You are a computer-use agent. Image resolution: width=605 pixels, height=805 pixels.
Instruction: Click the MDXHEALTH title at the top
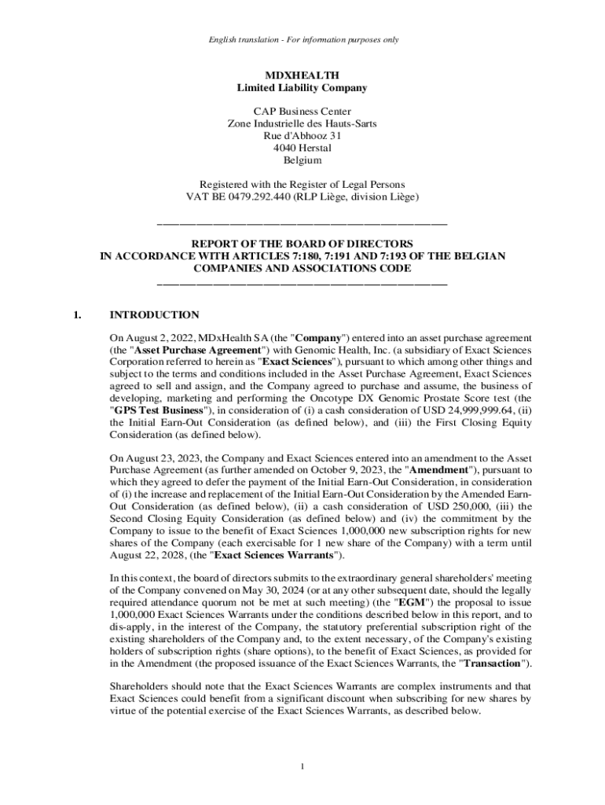(x=302, y=75)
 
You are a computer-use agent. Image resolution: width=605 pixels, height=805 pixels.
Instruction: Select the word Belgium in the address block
(x=302, y=160)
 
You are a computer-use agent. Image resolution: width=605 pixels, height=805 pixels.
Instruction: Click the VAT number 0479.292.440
(x=252, y=197)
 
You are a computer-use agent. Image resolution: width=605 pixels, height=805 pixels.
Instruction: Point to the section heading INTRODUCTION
(x=154, y=315)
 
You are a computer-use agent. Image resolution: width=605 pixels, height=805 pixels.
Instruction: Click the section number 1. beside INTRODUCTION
(x=76, y=315)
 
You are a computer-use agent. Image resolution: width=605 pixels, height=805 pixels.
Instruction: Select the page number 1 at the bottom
(x=302, y=767)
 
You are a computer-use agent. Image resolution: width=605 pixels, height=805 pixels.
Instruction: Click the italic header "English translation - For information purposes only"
(x=302, y=39)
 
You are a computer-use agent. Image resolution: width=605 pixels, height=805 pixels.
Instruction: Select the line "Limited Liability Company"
(x=302, y=87)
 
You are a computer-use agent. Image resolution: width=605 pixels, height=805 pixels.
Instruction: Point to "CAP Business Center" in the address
(x=302, y=111)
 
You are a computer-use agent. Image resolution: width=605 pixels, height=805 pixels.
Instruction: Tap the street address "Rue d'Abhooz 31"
(x=302, y=135)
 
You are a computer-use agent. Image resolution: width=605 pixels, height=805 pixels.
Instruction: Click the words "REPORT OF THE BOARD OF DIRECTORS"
(x=302, y=244)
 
